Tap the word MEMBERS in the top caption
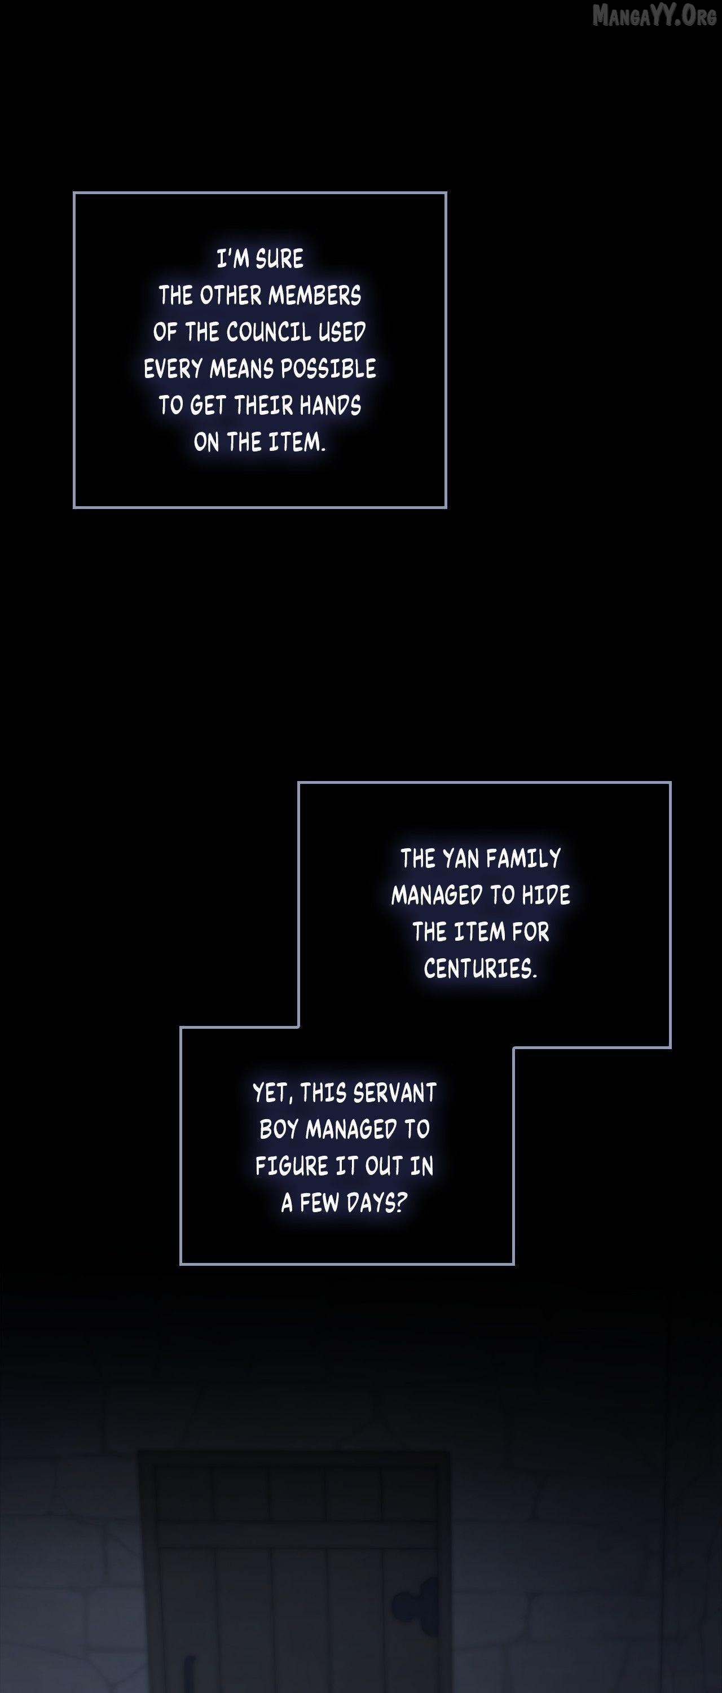coord(315,295)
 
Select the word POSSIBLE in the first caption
coord(329,369)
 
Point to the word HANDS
coord(330,406)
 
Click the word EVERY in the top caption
coord(173,369)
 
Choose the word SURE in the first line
coord(279,258)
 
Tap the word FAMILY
coord(523,858)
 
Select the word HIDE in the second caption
coord(546,894)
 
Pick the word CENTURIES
coord(480,968)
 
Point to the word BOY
coord(279,1129)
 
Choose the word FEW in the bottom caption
coord(320,1203)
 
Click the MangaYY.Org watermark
coord(654,15)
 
